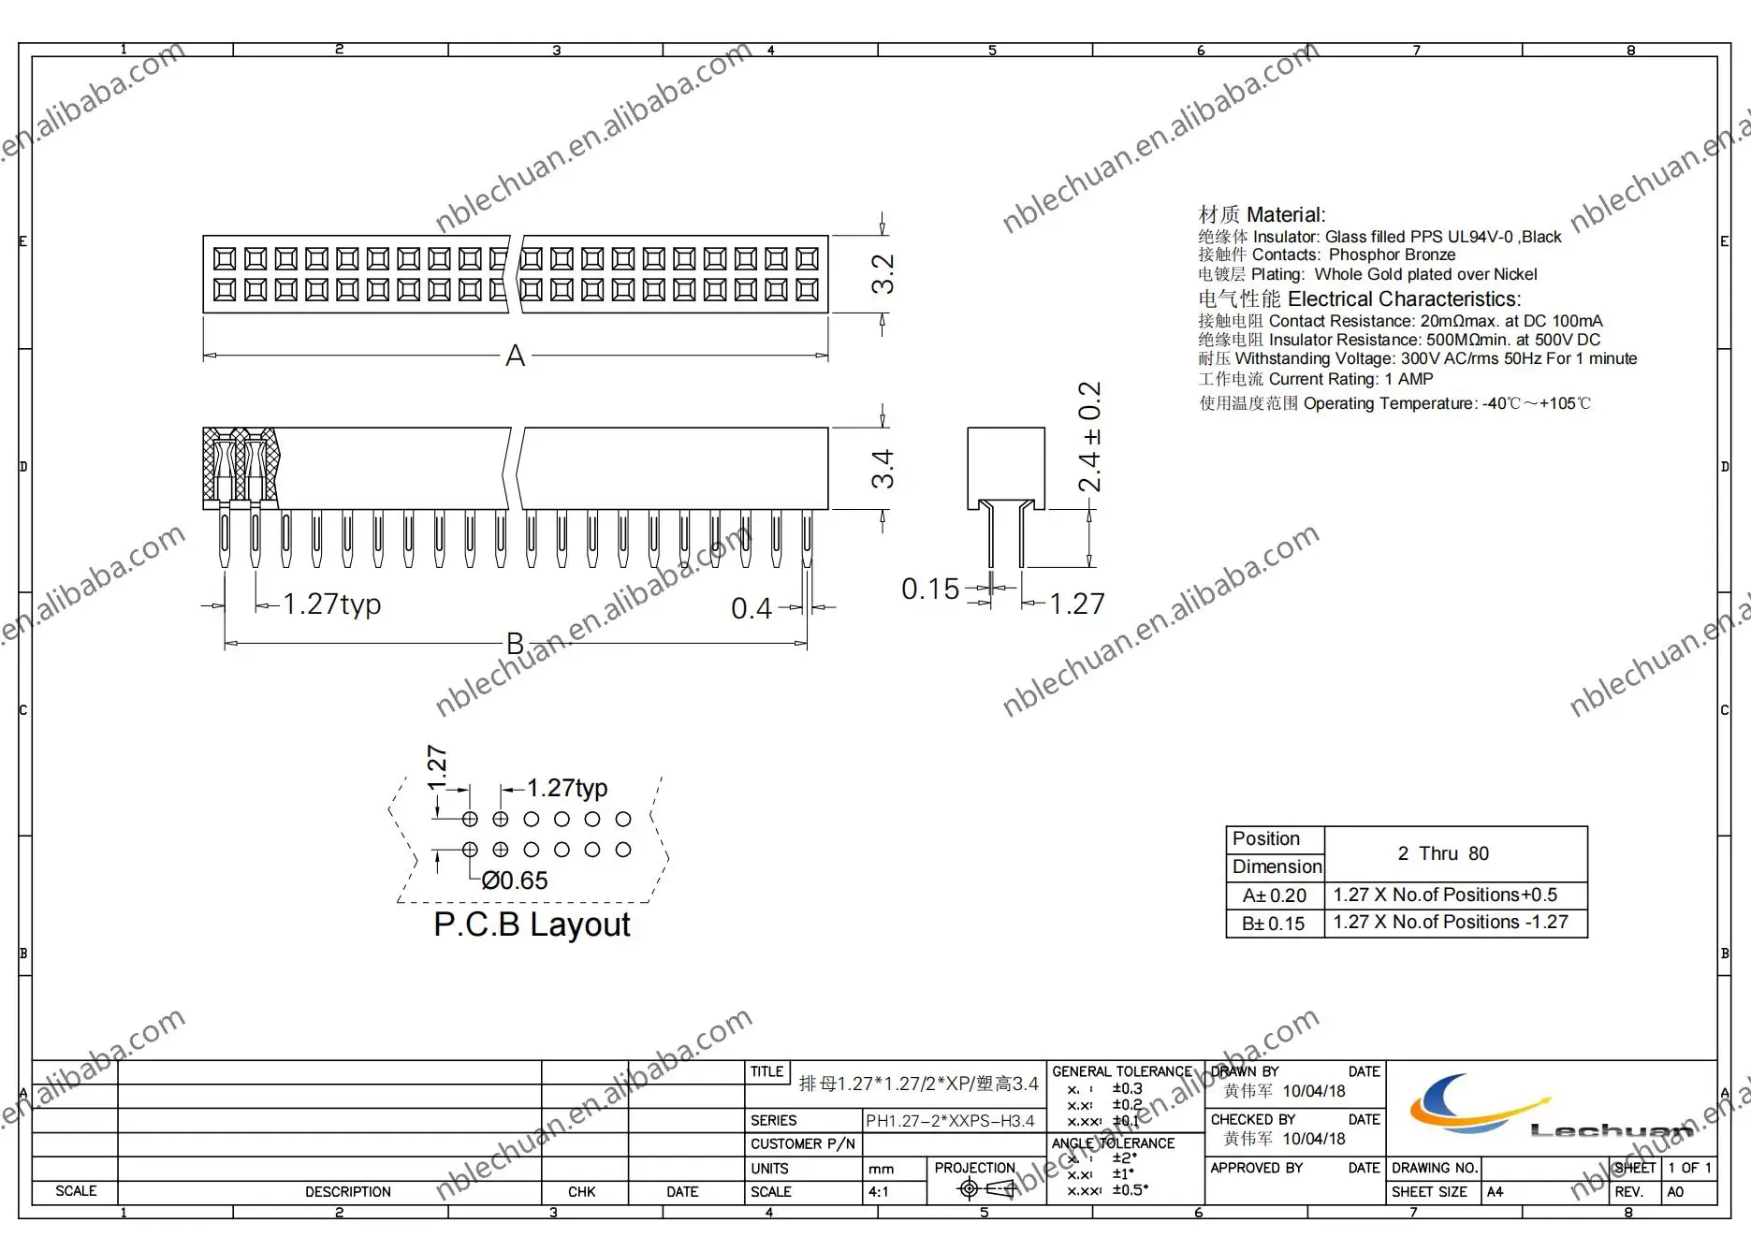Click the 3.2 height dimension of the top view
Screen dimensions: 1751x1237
tap(882, 274)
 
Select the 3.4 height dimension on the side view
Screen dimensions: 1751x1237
tap(882, 469)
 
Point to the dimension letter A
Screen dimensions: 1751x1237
tap(515, 357)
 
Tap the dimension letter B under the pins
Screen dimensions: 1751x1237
tap(515, 644)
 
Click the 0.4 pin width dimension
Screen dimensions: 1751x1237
tap(751, 609)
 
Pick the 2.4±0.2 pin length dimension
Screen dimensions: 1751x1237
tap(1089, 437)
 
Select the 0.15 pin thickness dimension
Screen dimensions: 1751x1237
tap(929, 589)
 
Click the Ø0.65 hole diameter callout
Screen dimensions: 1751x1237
tap(515, 880)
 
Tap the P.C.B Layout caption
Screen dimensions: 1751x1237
tap(532, 924)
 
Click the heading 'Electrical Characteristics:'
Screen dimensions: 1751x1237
tap(1404, 299)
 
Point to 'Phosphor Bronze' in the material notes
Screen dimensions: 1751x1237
tap(1392, 255)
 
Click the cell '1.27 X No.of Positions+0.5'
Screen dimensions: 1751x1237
tap(1445, 895)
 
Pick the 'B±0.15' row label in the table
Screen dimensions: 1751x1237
tap(1274, 924)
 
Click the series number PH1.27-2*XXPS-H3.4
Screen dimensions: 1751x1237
tap(950, 1121)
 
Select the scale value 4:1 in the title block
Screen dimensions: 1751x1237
tap(879, 1192)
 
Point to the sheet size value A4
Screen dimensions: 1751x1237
tap(1495, 1192)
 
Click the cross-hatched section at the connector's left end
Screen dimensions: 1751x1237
tap(240, 466)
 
